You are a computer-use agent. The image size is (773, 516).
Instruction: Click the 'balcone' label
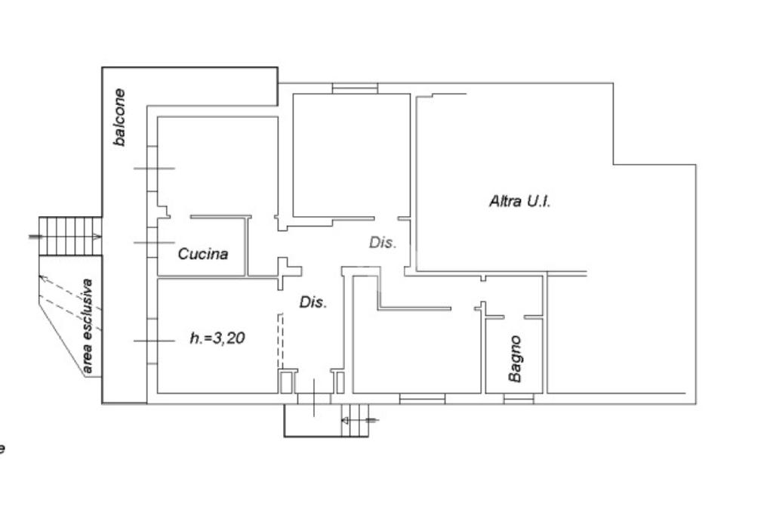(119, 117)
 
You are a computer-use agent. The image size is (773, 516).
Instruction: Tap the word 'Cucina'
(202, 254)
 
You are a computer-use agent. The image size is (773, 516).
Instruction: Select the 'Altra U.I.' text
(519, 202)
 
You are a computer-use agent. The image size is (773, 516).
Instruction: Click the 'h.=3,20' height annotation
(217, 339)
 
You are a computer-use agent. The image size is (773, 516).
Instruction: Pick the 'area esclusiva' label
(88, 326)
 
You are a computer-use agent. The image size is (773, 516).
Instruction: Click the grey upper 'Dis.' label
(382, 243)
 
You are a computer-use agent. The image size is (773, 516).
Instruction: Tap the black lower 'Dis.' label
(313, 303)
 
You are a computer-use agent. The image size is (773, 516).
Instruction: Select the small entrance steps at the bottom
(355, 421)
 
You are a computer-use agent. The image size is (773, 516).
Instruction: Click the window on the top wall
(355, 89)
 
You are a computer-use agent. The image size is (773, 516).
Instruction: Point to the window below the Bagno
(519, 398)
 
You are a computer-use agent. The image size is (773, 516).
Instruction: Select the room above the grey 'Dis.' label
(351, 155)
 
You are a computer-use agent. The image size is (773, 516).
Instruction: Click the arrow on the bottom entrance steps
(359, 419)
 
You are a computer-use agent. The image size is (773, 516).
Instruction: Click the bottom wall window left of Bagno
(422, 398)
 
